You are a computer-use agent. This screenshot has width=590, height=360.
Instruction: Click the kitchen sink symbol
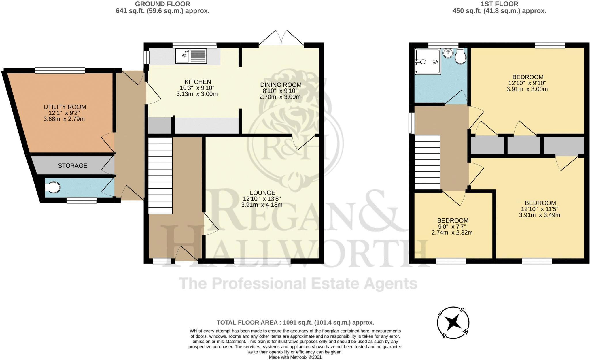tap(191, 56)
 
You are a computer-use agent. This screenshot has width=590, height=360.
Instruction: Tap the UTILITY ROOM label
tap(65, 107)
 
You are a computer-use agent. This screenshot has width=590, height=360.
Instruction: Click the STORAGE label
tap(73, 166)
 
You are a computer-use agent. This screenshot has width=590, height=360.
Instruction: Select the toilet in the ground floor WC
tap(53, 187)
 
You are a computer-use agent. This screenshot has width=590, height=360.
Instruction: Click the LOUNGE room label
tap(262, 193)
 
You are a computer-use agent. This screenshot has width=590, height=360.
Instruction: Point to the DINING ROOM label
tap(281, 85)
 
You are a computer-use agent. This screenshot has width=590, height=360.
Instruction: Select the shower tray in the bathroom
tap(428, 62)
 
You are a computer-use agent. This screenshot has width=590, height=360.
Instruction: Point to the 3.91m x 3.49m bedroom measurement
tap(540, 215)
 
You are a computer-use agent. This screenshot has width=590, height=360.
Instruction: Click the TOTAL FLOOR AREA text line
tap(295, 322)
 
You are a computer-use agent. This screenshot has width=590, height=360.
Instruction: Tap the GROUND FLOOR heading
tap(162, 4)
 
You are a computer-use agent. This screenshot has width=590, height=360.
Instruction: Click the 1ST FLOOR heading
tap(499, 4)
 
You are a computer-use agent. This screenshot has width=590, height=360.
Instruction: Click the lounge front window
tap(262, 261)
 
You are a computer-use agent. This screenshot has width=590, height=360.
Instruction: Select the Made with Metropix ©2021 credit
tap(295, 357)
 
